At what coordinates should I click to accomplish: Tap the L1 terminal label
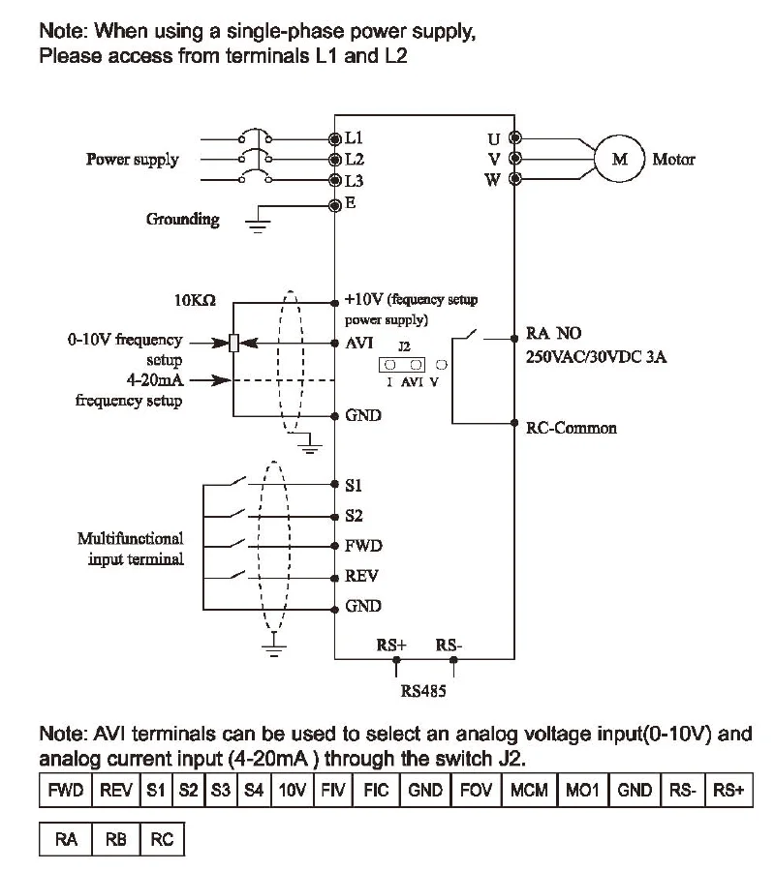coord(354,137)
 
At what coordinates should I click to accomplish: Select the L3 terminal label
coord(355,181)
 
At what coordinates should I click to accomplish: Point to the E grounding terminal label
coord(351,203)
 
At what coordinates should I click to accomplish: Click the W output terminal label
coord(492,180)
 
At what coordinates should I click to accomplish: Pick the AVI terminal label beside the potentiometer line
coord(359,344)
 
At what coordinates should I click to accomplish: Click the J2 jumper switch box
coord(402,365)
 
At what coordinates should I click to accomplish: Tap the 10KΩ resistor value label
coord(195,301)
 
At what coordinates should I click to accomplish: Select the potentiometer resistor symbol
coord(234,343)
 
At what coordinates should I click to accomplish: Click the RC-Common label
coord(572,429)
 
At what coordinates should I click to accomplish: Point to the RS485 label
coord(423,691)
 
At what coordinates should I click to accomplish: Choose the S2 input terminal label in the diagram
coord(354,516)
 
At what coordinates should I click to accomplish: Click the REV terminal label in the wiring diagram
coord(361,576)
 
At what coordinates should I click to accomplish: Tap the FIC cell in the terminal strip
coord(376,790)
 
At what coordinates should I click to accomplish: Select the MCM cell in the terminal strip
coord(529,790)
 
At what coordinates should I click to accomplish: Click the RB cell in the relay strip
coord(116,839)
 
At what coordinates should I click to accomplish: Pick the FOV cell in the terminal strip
coord(476,790)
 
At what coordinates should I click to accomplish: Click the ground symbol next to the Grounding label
coord(258,225)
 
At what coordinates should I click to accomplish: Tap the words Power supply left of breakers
coord(133,160)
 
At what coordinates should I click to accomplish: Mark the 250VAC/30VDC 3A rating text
coord(596,356)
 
